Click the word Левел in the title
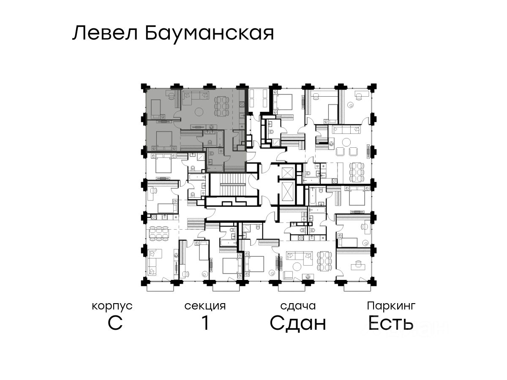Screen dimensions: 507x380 coord(104,33)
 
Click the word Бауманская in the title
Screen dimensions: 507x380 coord(210,33)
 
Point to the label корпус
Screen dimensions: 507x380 coord(112,306)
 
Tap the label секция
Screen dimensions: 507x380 coord(205,306)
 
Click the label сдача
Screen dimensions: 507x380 coord(298,306)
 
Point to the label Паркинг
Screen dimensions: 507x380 coord(391,306)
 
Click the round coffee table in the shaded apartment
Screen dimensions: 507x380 coord(199,112)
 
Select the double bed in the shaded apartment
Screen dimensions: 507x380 coord(162,139)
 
